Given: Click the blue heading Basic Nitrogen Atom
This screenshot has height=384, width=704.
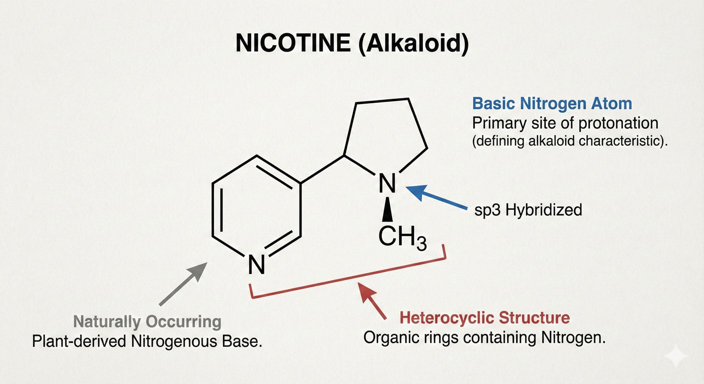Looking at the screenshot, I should point(552,103).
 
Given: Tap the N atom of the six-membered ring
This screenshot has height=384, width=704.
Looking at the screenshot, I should point(256,263).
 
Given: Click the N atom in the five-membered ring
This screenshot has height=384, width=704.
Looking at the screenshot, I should point(386,183).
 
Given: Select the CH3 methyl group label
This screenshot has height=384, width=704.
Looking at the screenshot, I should point(402,238).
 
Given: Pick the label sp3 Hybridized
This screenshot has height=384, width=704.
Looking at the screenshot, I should point(528,209).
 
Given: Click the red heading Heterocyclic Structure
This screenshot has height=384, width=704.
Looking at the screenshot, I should point(485,317).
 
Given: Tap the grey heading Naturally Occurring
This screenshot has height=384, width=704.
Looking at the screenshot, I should point(147,321).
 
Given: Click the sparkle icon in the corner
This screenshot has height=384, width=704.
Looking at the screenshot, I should point(676,356).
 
